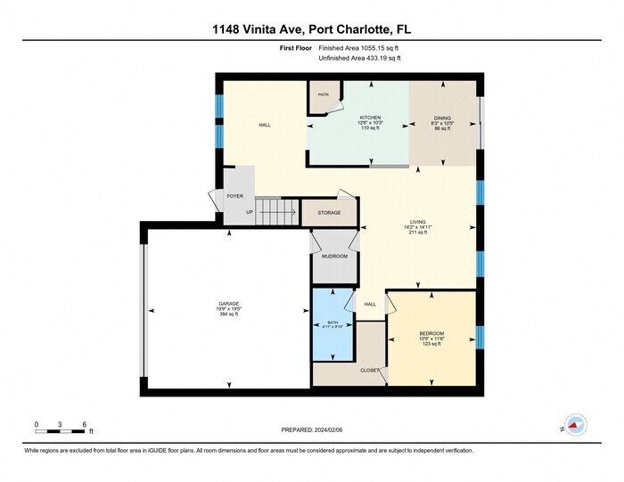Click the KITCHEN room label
[370, 118]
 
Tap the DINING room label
[442, 118]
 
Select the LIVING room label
[416, 223]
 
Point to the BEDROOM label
[431, 333]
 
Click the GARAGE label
[229, 303]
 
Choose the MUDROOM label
[334, 257]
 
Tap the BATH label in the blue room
[333, 322]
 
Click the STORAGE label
[329, 214]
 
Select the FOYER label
[234, 196]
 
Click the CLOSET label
[369, 371]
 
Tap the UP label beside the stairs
[249, 213]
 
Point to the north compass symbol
[575, 426]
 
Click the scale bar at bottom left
[60, 431]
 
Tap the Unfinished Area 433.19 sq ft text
[359, 59]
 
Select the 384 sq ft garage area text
[229, 314]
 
